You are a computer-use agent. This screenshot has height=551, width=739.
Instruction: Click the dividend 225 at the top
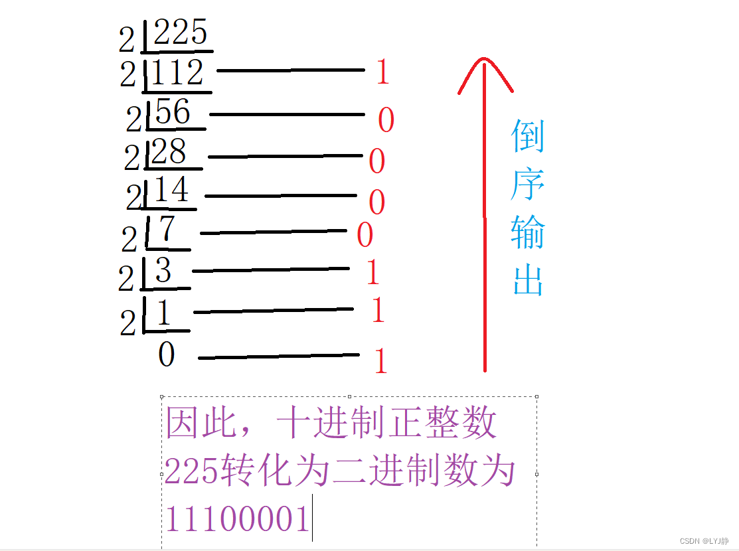tap(180, 32)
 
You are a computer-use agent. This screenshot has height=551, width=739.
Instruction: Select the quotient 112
tap(176, 72)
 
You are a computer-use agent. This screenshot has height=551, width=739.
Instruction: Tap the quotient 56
tap(173, 112)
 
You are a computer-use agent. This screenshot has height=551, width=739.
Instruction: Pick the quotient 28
tap(169, 153)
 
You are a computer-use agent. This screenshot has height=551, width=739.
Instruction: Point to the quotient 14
tap(171, 191)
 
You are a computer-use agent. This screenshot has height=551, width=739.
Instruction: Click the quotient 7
tap(167, 229)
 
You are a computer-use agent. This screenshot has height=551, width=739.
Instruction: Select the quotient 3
tap(163, 270)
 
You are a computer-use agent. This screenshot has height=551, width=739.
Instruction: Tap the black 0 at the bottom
tap(166, 354)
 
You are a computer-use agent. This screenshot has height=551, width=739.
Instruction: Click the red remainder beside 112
tap(382, 72)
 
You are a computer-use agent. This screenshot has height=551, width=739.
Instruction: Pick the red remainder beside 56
tap(386, 120)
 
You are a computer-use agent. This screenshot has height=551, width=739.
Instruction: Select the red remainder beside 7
tap(365, 235)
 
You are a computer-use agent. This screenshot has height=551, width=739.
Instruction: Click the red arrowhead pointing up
tap(485, 70)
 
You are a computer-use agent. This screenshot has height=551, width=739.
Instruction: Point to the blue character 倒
tap(528, 136)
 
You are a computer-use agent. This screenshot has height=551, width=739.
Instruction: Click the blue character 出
tap(529, 281)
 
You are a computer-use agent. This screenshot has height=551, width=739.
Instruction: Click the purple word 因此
tap(201, 423)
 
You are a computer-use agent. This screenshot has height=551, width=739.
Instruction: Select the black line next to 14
tap(280, 196)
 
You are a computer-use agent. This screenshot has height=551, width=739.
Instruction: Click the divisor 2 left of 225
tap(126, 41)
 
